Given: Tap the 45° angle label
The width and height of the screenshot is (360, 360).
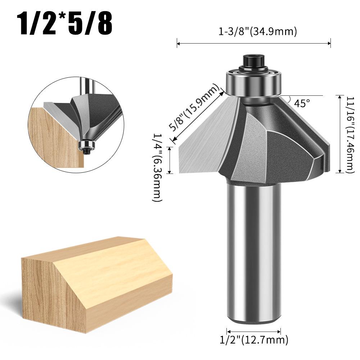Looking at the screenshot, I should pyautogui.click(x=302, y=103).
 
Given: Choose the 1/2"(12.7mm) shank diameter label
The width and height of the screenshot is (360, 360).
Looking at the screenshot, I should pyautogui.click(x=254, y=339).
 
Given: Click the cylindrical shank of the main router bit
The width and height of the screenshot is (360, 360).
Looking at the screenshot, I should pyautogui.click(x=254, y=252).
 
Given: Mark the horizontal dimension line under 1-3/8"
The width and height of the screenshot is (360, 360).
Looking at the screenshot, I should pyautogui.click(x=254, y=44).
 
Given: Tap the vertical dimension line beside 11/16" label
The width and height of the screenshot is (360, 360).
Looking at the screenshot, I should pyautogui.click(x=340, y=134).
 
